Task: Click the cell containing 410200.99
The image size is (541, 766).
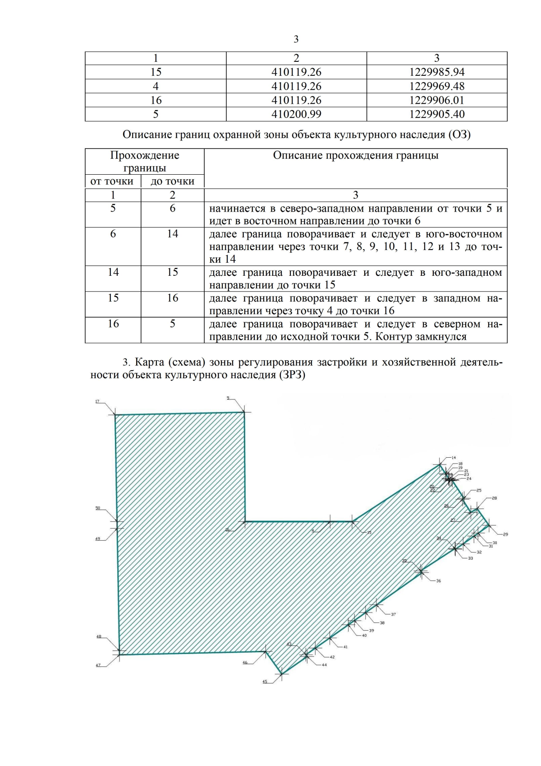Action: coord(296,114)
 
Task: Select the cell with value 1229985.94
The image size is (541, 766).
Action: coord(436,72)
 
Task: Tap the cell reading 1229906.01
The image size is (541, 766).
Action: coord(436,100)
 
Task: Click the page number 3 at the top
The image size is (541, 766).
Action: coord(296,39)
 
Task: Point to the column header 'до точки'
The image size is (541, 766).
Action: coord(172,181)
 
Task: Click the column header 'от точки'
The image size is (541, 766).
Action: coord(112,181)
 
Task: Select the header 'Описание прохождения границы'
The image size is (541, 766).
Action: coord(355,156)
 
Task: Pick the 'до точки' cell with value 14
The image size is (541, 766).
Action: coord(172,234)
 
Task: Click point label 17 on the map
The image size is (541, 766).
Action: coord(97,401)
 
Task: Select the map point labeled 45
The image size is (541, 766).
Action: coord(265,682)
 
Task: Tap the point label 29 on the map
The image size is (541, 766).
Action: coord(505,534)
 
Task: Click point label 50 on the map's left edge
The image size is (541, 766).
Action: coord(98,508)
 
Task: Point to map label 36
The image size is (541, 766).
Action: coord(438,581)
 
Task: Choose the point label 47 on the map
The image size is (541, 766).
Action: coord(98,665)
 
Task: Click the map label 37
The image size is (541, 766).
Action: coord(393,614)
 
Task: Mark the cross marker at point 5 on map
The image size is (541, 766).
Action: coord(244,412)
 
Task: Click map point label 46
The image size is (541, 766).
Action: coord(245,663)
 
